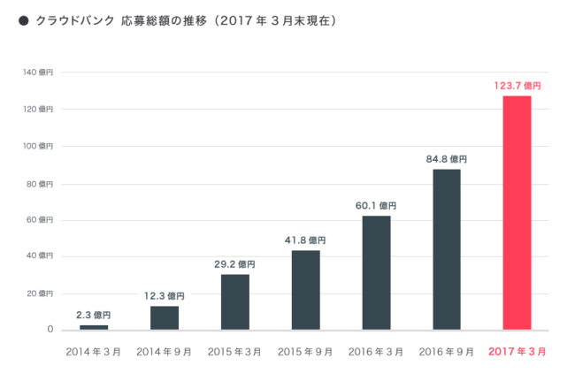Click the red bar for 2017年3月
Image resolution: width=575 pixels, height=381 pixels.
(517, 212)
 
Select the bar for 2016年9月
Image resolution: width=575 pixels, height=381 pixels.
(446, 249)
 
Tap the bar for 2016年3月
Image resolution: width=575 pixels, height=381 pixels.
(376, 272)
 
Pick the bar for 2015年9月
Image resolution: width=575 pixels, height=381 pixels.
(305, 290)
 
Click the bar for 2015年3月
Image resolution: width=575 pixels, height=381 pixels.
(234, 301)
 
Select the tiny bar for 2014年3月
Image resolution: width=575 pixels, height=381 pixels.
(94, 327)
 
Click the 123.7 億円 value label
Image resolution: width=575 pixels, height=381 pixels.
(517, 86)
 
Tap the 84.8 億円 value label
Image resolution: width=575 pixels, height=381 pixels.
(446, 159)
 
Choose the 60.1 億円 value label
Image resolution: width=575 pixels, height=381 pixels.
(376, 206)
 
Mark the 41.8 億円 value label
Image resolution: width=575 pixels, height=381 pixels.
(305, 240)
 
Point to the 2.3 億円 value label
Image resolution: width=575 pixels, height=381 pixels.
(94, 315)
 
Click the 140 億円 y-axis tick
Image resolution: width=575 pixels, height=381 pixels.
(39, 72)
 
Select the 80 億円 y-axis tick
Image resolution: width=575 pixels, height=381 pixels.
(41, 183)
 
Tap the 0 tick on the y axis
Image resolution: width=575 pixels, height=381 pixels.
(50, 330)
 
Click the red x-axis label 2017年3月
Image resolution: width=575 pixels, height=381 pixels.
(517, 351)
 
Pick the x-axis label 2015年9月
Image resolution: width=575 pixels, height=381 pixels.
(305, 351)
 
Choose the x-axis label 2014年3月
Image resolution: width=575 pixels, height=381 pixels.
(94, 351)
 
